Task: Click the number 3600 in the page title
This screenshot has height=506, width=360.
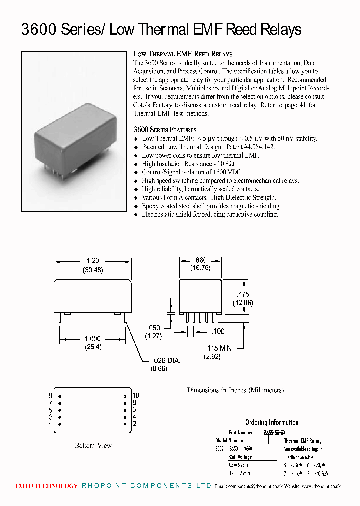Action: pyautogui.click(x=39, y=30)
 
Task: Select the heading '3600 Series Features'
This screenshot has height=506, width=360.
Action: pyautogui.click(x=164, y=130)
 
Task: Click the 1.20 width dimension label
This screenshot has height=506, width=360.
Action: pyautogui.click(x=93, y=261)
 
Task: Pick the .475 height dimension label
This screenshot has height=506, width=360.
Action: pyautogui.click(x=243, y=294)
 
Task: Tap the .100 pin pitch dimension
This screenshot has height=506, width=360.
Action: pyautogui.click(x=217, y=331)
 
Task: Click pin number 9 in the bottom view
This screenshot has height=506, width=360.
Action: pyautogui.click(x=50, y=395)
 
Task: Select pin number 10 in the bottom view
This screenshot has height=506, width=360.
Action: pyautogui.click(x=136, y=395)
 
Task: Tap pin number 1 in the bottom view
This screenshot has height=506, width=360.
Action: pyautogui.click(x=50, y=425)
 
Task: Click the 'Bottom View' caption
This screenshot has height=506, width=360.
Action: pyautogui.click(x=93, y=445)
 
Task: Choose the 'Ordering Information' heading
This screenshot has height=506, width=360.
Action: pyautogui.click(x=271, y=422)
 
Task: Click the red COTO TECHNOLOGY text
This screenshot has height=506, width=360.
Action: pyautogui.click(x=46, y=486)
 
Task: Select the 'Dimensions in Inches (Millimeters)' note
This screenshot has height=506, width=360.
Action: pyautogui.click(x=235, y=390)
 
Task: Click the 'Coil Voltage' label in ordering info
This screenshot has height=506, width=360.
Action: pyautogui.click(x=240, y=457)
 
